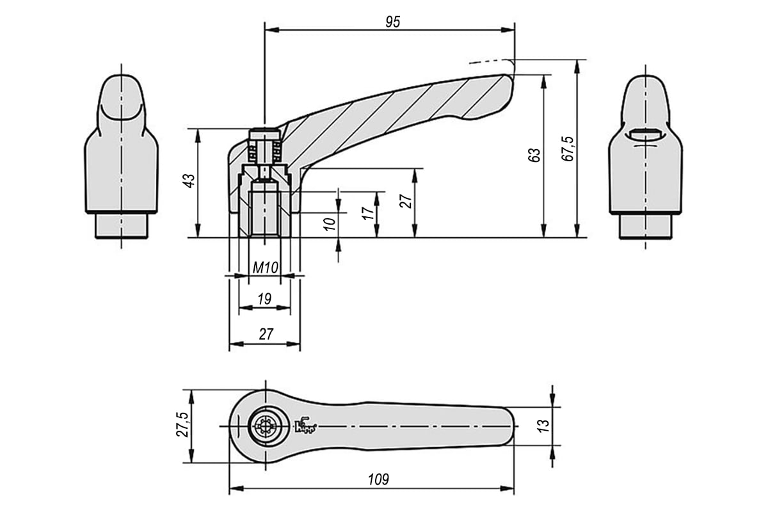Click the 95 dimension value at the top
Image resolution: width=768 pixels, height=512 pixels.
coord(392,22)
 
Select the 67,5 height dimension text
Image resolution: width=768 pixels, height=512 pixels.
coord(568,148)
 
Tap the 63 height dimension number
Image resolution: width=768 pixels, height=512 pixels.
coord(534,155)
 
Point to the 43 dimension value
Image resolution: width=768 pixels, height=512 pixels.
coord(189,180)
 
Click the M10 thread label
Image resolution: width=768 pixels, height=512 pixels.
coord(265,268)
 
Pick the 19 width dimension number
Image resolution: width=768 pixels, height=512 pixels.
coord(264,299)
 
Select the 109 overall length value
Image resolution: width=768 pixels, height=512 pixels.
coord(378,479)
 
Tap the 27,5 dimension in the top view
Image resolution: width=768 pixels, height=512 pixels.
coord(182,424)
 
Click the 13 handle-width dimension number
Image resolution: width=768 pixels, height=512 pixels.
coord(544,426)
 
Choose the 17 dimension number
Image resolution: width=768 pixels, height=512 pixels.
coord(368,213)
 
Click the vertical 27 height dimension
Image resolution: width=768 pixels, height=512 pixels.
coord(406,202)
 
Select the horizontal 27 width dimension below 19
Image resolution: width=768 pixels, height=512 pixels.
coord(266,334)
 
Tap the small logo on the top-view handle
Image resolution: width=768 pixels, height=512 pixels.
coord(305,426)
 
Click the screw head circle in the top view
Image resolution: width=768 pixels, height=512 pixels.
coord(266,427)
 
